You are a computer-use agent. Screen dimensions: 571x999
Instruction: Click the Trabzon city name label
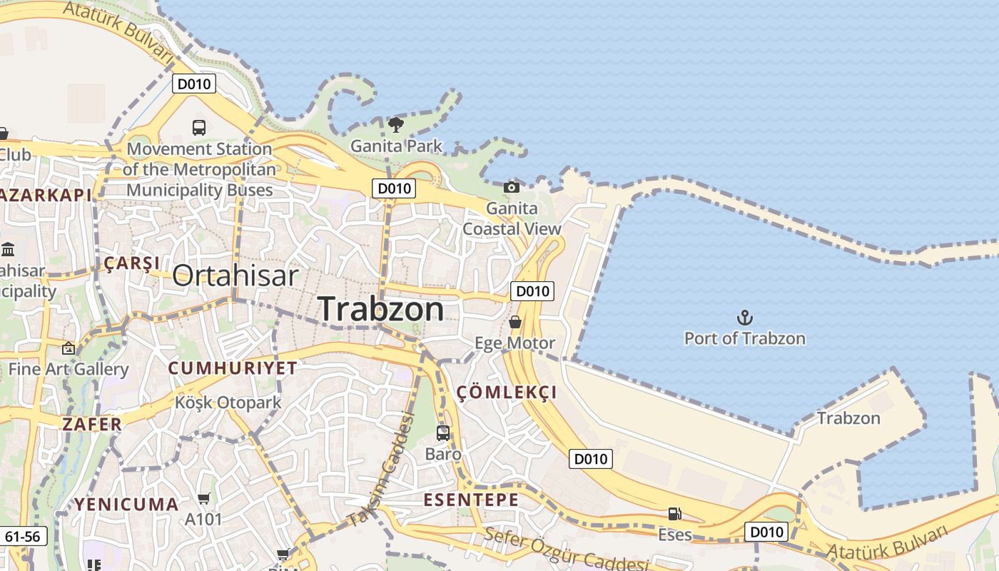(381, 308)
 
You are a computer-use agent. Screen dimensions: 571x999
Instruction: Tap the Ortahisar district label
(235, 276)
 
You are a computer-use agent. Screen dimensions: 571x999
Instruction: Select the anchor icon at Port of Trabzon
(745, 318)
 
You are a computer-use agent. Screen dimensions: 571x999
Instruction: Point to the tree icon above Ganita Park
(396, 126)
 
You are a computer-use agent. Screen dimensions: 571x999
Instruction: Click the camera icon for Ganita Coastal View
(512, 187)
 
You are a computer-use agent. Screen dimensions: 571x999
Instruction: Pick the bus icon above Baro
(443, 433)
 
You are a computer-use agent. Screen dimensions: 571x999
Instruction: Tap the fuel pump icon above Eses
(674, 513)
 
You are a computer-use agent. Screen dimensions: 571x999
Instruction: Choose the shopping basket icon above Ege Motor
(515, 322)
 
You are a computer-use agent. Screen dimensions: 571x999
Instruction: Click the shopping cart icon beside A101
(204, 498)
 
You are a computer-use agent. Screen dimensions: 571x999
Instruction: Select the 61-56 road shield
(26, 536)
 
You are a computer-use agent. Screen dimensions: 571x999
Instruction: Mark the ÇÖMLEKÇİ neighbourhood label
(507, 393)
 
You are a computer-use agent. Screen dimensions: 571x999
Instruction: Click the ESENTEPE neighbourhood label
(472, 500)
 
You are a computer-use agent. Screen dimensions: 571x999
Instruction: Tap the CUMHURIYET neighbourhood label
(233, 368)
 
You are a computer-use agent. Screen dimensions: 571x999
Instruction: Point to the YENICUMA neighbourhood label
(127, 505)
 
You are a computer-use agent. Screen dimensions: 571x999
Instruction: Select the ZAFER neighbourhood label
(92, 424)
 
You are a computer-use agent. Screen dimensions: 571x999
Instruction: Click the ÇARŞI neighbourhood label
(132, 263)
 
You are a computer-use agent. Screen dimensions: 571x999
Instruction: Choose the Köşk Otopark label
(228, 403)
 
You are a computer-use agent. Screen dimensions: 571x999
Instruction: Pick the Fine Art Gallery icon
(69, 348)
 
